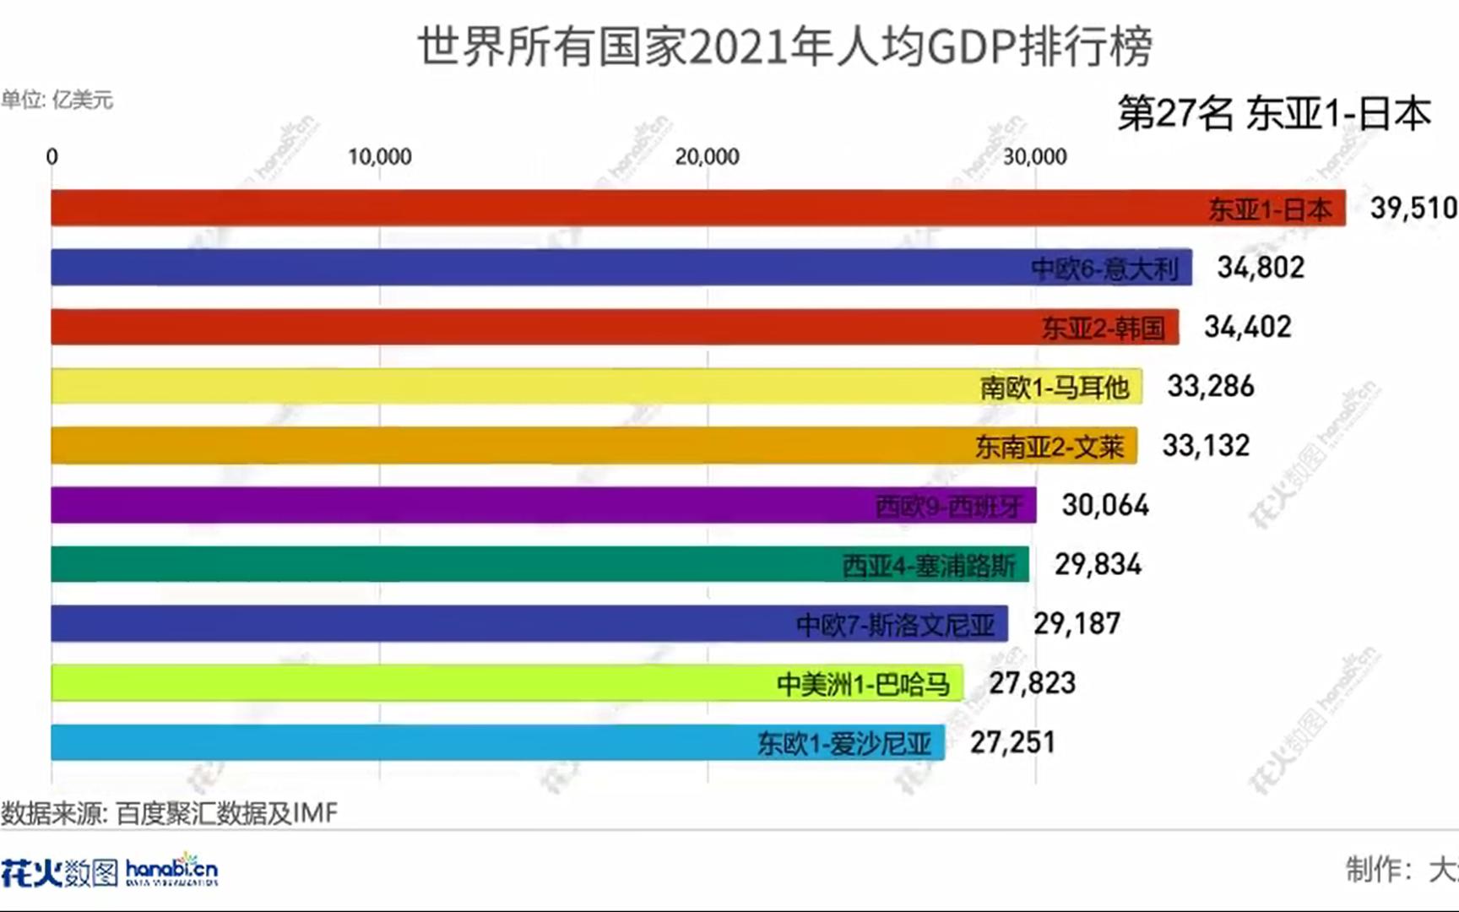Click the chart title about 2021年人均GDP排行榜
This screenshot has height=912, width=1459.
[785, 46]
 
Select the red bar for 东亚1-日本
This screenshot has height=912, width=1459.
[697, 208]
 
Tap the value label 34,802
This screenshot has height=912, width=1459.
[1260, 268]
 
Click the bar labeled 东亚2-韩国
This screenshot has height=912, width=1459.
[615, 327]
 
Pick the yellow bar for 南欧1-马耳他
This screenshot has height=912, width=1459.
[596, 386]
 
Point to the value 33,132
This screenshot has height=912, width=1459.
[1205, 446]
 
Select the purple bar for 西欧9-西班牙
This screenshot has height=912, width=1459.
[543, 505]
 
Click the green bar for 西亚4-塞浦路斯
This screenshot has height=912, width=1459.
[540, 564]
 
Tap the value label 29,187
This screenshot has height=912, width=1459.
[1077, 624]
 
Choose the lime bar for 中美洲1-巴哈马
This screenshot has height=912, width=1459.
[507, 683]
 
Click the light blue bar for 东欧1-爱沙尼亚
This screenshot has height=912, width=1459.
[497, 742]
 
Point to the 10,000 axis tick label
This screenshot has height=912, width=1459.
[379, 157]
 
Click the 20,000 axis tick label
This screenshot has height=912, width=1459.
[707, 157]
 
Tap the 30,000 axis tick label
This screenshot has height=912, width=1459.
[1034, 157]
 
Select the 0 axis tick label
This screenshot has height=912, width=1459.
[52, 157]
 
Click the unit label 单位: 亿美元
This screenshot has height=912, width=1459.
[57, 100]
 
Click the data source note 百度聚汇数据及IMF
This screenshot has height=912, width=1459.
[169, 813]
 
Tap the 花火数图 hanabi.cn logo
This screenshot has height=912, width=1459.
[110, 871]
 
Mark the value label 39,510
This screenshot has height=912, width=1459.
[1413, 208]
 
